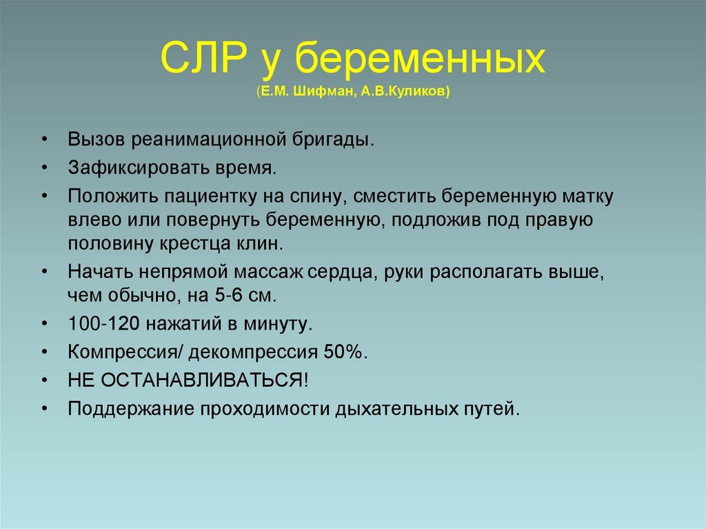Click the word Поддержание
click(130, 409)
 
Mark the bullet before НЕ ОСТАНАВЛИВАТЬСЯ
click(44, 381)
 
